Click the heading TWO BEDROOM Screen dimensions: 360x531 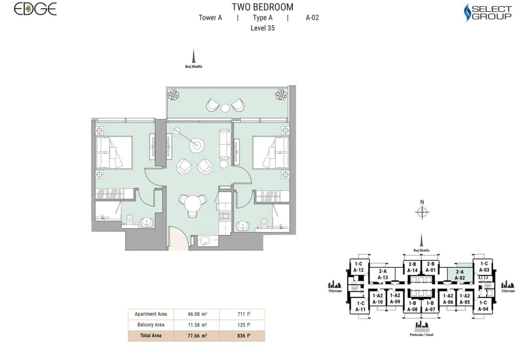[262, 7]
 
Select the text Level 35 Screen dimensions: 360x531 [262, 28]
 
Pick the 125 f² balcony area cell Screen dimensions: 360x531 [242, 325]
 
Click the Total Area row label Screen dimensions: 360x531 [150, 336]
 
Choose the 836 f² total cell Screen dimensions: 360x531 [242, 336]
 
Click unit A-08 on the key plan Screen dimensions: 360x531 [412, 306]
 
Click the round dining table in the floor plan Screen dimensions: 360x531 [193, 204]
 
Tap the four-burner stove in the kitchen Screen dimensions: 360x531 [225, 217]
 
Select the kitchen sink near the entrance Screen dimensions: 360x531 [205, 240]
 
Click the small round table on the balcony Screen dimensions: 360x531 [225, 107]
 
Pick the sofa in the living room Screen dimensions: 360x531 [225, 144]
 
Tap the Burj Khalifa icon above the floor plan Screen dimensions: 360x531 [193, 58]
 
